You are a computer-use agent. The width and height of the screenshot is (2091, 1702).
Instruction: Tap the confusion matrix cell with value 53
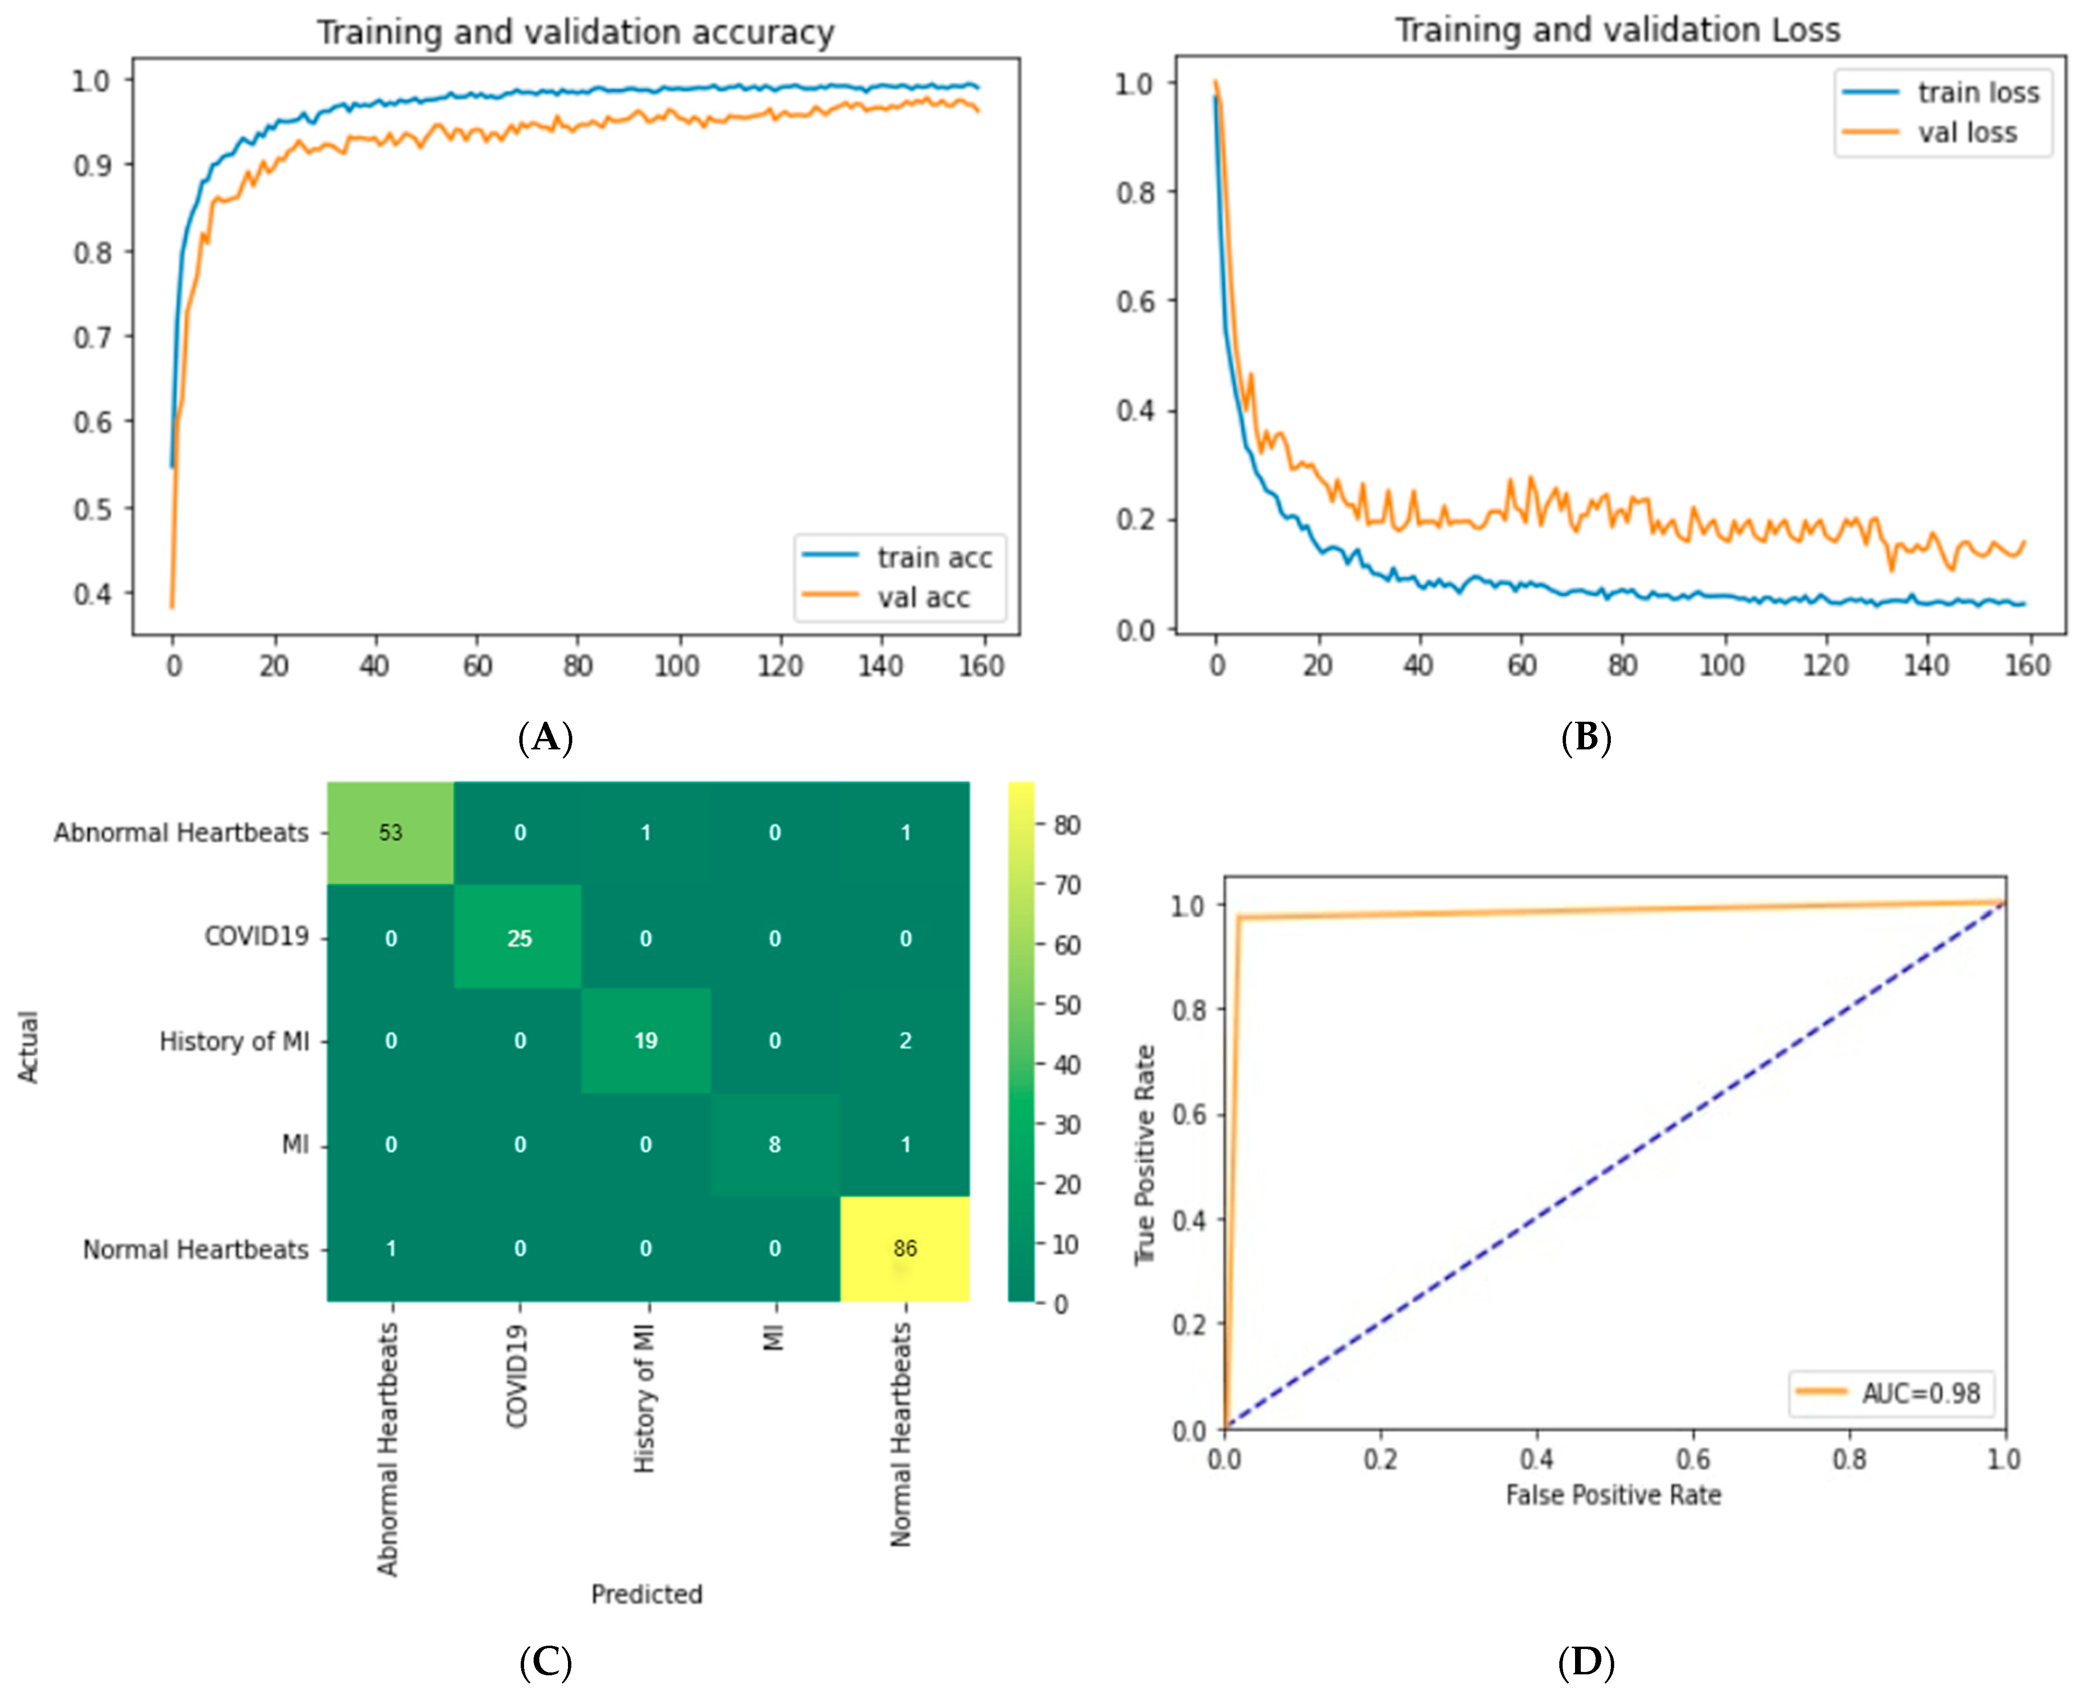pyautogui.click(x=390, y=832)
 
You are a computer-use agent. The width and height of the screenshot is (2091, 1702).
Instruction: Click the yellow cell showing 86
pyautogui.click(x=904, y=1248)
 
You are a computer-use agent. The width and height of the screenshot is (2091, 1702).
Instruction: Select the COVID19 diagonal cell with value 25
pyautogui.click(x=519, y=938)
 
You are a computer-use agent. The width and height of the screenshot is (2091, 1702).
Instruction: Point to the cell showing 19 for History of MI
pyautogui.click(x=645, y=1040)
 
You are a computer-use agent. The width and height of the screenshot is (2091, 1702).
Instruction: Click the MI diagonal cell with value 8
pyautogui.click(x=775, y=1144)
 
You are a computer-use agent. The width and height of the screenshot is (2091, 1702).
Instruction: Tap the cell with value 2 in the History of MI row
pyautogui.click(x=904, y=1040)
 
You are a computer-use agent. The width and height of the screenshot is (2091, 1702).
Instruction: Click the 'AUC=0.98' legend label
pyautogui.click(x=1920, y=1393)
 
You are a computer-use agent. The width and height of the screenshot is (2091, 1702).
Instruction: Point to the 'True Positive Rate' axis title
pyautogui.click(x=1145, y=1155)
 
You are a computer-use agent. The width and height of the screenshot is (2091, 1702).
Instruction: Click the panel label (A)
pyautogui.click(x=546, y=737)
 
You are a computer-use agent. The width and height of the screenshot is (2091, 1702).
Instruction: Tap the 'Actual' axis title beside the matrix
pyautogui.click(x=29, y=1046)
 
